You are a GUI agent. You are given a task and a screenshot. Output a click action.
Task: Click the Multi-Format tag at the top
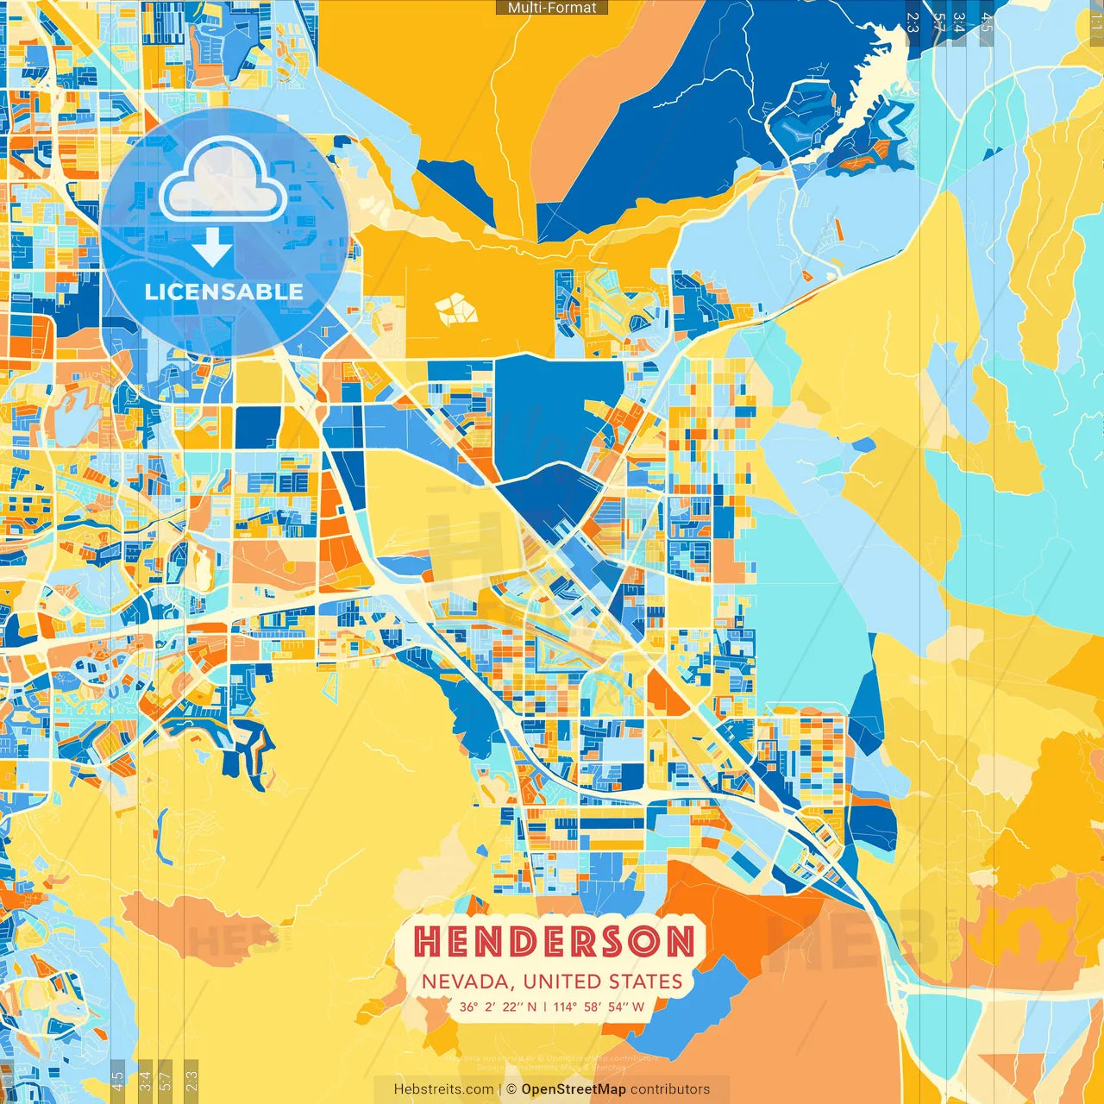(x=552, y=8)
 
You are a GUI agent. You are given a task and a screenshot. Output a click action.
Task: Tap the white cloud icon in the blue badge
(x=223, y=181)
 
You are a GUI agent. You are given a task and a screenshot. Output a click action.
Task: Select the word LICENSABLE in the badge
(x=223, y=292)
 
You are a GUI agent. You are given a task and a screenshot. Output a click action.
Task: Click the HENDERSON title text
(x=554, y=942)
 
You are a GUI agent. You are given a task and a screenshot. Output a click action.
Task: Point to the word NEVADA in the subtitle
(x=468, y=982)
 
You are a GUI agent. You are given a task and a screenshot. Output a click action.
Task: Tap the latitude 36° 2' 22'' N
(x=498, y=1007)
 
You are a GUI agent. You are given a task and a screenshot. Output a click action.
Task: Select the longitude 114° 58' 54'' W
(x=599, y=1007)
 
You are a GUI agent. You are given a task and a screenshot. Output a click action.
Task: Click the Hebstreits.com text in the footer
(x=443, y=1089)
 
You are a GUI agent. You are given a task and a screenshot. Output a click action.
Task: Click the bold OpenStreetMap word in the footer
(x=574, y=1089)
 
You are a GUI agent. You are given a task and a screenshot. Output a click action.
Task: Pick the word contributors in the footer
(x=670, y=1089)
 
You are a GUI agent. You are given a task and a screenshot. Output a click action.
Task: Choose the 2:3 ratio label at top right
(x=913, y=22)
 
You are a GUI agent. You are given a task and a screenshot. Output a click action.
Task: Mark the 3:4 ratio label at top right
(x=959, y=22)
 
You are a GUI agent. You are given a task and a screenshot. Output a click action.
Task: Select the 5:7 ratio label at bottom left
(x=166, y=1081)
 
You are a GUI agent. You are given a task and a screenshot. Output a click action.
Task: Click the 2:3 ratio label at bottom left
(x=191, y=1081)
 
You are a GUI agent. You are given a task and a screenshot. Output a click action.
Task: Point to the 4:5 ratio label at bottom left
(x=117, y=1081)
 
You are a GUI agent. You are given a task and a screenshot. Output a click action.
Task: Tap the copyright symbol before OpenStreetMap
(x=511, y=1089)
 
